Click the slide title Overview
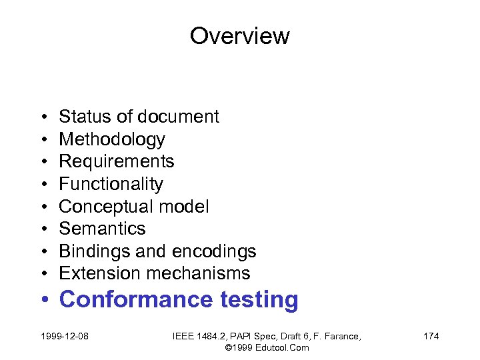[x=239, y=35]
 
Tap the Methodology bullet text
[x=112, y=139]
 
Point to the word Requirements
[x=117, y=161]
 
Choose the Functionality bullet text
[x=111, y=184]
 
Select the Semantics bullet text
[x=102, y=229]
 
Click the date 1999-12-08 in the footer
[x=65, y=336]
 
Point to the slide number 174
[x=431, y=336]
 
